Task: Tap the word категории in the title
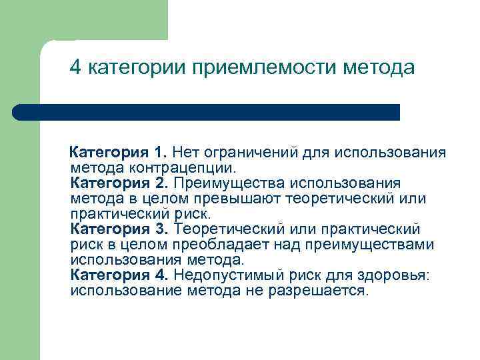(139, 68)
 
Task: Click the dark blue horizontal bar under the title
(207, 112)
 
